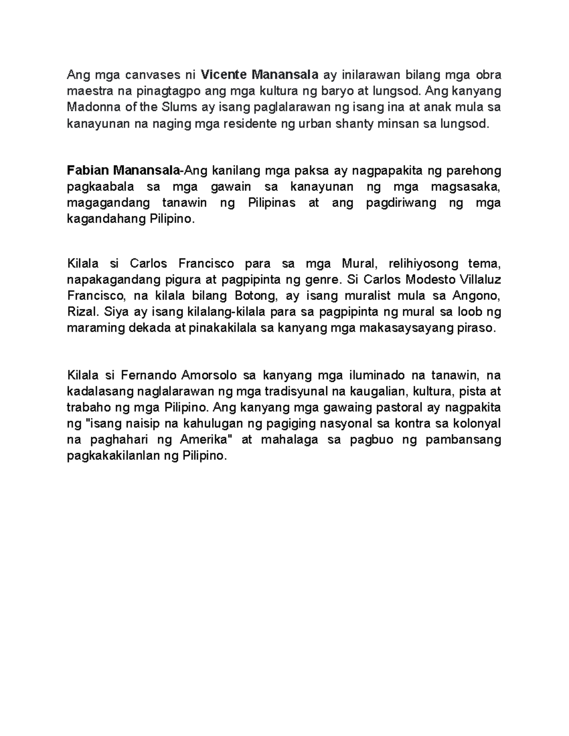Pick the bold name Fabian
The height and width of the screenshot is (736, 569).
[x=87, y=171]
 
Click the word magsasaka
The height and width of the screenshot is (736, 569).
[x=470, y=187]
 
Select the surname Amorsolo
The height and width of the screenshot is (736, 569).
[x=209, y=375]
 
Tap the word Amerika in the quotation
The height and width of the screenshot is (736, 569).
[x=205, y=440]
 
